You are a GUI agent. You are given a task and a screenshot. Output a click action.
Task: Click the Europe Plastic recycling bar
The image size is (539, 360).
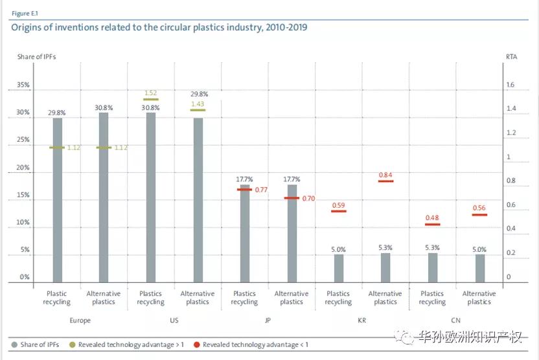58,200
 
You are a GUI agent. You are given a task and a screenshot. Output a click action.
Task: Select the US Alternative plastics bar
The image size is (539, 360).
198,200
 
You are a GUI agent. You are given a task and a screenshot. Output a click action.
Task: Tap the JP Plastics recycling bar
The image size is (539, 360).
245,234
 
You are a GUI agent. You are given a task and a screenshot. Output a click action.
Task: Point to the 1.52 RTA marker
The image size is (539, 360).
151,100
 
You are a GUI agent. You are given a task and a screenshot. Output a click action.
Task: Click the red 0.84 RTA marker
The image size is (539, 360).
385,181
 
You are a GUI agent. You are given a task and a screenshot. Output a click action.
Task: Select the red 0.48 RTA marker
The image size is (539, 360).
432,224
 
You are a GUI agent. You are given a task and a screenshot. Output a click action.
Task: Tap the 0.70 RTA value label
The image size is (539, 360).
308,199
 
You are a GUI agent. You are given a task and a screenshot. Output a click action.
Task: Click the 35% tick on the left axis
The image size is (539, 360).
23,85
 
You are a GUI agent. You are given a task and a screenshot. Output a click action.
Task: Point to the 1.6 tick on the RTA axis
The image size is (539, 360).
510,85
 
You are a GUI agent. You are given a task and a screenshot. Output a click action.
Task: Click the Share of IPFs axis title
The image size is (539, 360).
36,57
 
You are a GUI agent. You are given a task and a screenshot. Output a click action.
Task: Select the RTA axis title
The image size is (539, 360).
511,57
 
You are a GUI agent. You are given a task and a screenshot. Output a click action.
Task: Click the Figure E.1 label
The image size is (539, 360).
25,13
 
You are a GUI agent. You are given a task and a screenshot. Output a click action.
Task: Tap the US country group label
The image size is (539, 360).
174,320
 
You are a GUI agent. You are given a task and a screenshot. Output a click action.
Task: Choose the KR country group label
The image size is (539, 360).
361,320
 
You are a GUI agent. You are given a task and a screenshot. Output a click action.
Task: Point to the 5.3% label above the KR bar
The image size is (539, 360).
385,247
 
